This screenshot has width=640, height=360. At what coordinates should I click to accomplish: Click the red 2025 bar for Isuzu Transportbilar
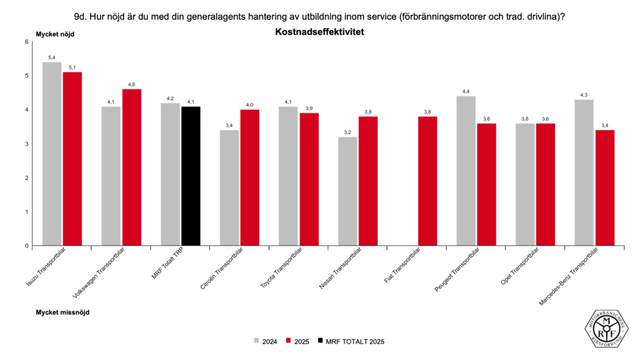coord(72,159)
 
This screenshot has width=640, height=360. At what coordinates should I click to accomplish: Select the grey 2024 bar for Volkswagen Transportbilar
coord(111,176)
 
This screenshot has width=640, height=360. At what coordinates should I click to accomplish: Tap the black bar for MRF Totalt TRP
coord(191,176)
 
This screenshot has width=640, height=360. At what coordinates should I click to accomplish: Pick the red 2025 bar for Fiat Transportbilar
coord(427,181)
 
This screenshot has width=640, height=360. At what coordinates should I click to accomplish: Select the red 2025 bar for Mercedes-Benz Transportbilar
coord(605,187)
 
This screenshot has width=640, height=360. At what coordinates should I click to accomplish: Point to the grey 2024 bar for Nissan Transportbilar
coord(348,191)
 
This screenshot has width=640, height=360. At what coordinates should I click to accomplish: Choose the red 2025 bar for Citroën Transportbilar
coord(250,177)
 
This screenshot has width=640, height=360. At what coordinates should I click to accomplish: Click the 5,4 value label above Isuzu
coord(51,57)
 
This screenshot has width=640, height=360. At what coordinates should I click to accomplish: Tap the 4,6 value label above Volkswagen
coord(132,84)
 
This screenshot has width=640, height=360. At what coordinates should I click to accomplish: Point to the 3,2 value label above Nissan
coord(348,132)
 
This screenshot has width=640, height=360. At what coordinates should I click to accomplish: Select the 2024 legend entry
coord(265,342)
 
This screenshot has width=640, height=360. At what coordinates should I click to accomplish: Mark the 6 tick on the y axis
coord(27,42)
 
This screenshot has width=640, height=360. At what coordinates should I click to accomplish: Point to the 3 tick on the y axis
coord(27,144)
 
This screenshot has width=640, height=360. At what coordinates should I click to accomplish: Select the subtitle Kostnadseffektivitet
coord(319,31)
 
